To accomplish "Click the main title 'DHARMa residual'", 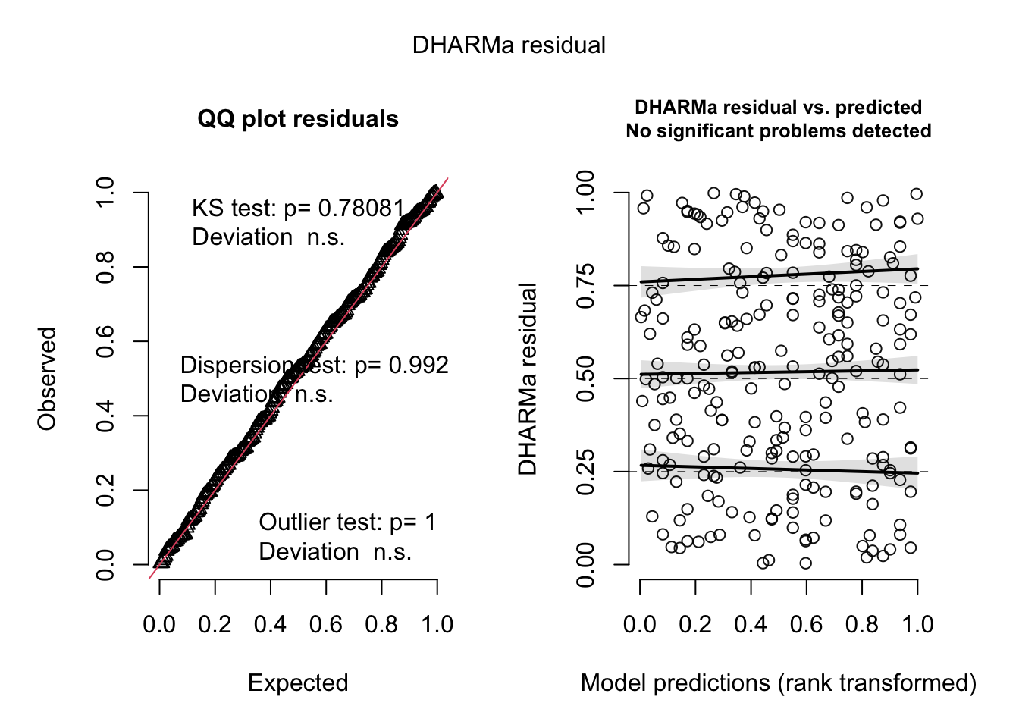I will (509, 45).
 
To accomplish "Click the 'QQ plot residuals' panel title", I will (298, 119).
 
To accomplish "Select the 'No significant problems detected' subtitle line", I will (778, 131).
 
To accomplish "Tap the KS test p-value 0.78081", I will (361, 209).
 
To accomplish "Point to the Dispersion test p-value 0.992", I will (419, 366).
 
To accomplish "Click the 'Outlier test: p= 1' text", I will (347, 522).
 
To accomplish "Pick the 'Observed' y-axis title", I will (48, 378).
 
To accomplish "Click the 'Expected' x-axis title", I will (298, 683).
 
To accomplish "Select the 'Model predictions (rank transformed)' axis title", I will (778, 683).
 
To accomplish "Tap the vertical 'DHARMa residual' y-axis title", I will (528, 378).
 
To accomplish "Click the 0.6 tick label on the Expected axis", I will (326, 625).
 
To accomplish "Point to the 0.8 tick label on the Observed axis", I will (105, 267).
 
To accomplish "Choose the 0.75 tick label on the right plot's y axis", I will (586, 286).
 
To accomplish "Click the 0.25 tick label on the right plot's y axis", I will (586, 472).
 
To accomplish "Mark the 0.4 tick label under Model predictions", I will (751, 625).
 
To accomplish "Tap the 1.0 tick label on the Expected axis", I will (437, 625).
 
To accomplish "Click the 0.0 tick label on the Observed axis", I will (105, 564).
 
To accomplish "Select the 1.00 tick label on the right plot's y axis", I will (586, 193).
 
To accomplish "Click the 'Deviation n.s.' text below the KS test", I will (268, 237).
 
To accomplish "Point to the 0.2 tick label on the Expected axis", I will (215, 625).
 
